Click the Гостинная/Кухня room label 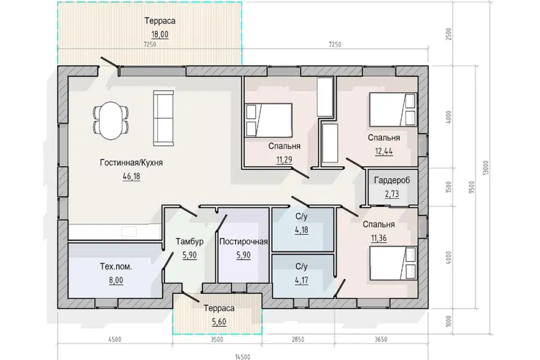(131, 163)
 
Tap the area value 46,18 (131, 177)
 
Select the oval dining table (111, 120)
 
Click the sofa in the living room (163, 119)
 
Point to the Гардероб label (392, 180)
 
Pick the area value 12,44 (384, 151)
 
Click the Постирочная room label (244, 241)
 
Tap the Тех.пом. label (116, 266)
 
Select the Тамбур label (190, 241)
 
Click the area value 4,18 (301, 229)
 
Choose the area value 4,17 (301, 280)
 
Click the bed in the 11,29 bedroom (269, 120)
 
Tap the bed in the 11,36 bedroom (393, 263)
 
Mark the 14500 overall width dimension (242, 357)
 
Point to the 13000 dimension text (485, 168)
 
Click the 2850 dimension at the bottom (298, 339)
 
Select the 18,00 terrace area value (160, 34)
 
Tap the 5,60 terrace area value (219, 322)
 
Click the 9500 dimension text (472, 187)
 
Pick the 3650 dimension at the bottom (381, 339)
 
